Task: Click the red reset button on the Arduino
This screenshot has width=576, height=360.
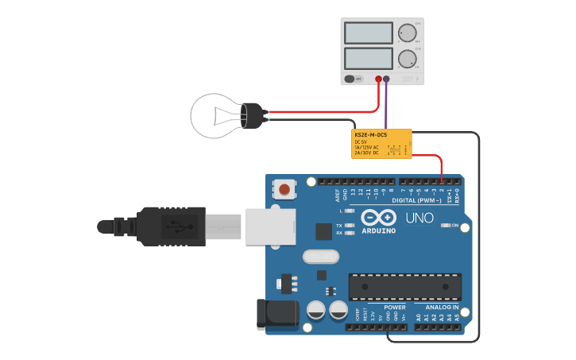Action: click(x=284, y=190)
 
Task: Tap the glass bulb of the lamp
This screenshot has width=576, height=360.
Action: click(x=213, y=115)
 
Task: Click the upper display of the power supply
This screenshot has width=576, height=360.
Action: click(x=369, y=33)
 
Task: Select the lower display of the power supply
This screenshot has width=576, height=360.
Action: click(x=369, y=59)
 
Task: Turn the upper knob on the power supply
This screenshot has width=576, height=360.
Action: click(x=408, y=33)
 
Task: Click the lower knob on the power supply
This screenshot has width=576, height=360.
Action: click(x=408, y=59)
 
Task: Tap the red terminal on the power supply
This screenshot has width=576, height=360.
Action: click(x=378, y=79)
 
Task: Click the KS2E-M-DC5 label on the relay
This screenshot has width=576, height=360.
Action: click(x=370, y=135)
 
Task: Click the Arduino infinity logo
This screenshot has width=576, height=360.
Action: click(x=378, y=216)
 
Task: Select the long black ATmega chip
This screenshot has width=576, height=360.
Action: click(x=405, y=287)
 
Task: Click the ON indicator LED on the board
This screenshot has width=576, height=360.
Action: click(x=445, y=226)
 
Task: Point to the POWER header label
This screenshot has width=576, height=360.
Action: click(x=394, y=307)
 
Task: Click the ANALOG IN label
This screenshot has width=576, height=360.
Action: click(x=442, y=307)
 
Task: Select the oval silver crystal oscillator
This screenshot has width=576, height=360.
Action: click(x=320, y=257)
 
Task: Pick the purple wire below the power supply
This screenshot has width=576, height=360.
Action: click(x=386, y=103)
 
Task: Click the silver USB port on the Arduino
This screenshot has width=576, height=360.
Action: click(x=270, y=226)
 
